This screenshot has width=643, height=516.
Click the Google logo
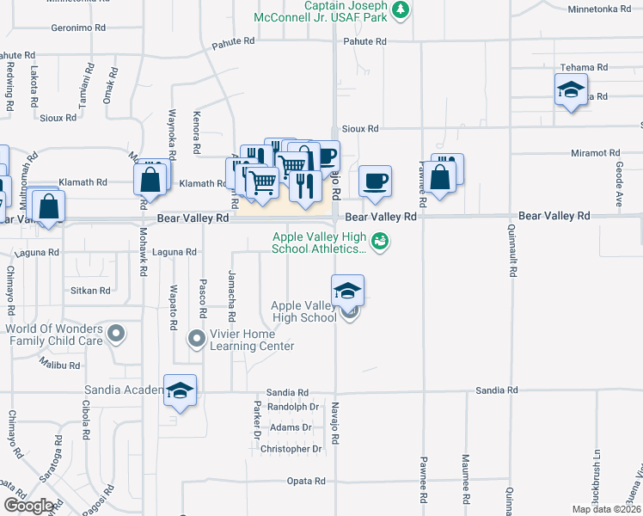29,506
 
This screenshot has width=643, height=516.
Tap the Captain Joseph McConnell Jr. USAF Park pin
400,10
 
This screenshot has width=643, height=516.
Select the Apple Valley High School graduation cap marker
347,290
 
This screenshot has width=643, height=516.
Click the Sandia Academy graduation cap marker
180,391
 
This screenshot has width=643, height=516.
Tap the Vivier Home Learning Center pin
197,339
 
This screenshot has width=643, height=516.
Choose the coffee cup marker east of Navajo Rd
375,181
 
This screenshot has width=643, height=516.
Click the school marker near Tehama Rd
571,89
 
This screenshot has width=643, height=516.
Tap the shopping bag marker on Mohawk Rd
150,181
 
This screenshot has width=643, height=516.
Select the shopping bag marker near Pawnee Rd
440,177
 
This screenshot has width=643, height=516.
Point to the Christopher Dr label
291,449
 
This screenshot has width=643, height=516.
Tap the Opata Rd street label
304,481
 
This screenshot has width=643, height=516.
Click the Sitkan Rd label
90,291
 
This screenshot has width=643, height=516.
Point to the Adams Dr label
290,427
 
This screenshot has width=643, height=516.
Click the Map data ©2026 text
606,509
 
